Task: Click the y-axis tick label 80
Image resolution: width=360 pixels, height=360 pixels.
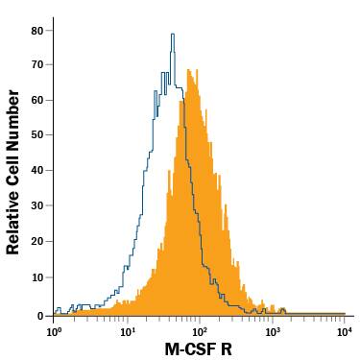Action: (x=36, y=30)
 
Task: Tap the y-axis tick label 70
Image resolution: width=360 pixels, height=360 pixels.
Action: (x=36, y=65)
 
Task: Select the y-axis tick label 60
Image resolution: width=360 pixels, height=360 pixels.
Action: (x=36, y=101)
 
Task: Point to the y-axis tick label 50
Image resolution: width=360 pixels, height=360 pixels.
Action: (x=36, y=136)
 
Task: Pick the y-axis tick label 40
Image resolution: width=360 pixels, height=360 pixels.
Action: (x=36, y=172)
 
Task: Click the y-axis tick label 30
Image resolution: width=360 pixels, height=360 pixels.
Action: (x=36, y=207)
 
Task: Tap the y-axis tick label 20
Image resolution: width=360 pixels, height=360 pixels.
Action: (x=36, y=243)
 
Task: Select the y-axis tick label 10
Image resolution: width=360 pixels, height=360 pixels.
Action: (x=36, y=278)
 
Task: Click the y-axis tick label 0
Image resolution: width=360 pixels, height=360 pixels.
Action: (x=39, y=314)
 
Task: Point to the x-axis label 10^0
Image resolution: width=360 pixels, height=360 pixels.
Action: (x=54, y=331)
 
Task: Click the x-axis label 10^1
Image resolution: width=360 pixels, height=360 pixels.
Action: (x=127, y=331)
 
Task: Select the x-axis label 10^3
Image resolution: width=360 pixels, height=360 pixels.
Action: (x=272, y=331)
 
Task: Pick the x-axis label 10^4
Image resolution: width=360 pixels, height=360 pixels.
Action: (x=344, y=331)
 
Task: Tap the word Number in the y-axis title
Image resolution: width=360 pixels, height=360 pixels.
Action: (x=13, y=120)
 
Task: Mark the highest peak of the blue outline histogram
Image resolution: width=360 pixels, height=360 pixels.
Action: (x=172, y=35)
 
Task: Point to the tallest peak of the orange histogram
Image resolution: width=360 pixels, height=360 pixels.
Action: (x=189, y=70)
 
